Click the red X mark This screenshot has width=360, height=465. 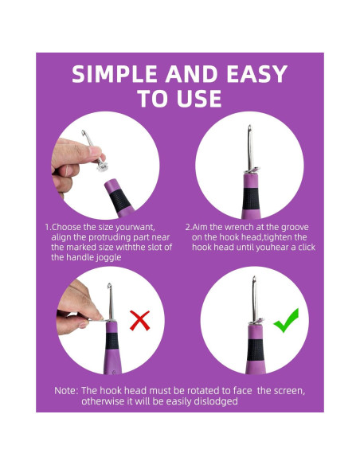click(139, 320)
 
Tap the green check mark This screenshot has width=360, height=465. click(286, 321)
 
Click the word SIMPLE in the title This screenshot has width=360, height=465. click(115, 74)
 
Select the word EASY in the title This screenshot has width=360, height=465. click(256, 74)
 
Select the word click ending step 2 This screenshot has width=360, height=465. click(307, 247)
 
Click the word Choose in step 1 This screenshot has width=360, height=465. click(66, 227)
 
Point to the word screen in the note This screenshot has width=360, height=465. click(289, 391)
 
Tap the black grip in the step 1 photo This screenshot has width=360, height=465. click(120, 200)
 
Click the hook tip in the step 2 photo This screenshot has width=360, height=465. click(250, 127)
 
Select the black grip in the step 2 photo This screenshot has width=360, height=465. click(251, 199)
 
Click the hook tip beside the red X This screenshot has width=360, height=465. click(109, 285)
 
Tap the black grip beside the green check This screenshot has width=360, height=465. click(255, 350)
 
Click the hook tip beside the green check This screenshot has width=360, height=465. click(254, 278)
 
